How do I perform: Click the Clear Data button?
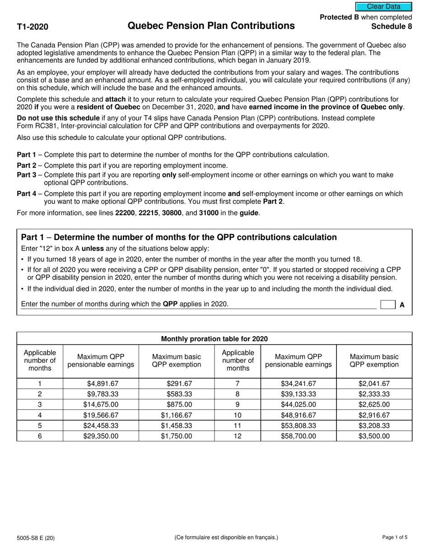tap(383, 7)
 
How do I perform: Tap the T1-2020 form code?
tap(33, 27)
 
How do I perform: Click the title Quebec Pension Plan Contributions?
tap(211, 26)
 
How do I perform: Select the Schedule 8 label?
tap(391, 26)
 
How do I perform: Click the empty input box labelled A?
tap(387, 305)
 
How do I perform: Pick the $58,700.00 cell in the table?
tap(298, 436)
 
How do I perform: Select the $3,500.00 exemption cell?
tap(374, 436)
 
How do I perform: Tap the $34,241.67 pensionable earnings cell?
tap(298, 384)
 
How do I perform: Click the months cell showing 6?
tap(40, 436)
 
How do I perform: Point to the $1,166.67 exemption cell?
tap(177, 415)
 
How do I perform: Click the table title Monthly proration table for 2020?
tap(214, 339)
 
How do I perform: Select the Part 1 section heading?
tap(179, 237)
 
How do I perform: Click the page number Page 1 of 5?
tap(394, 537)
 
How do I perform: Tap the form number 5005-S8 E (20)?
tap(36, 538)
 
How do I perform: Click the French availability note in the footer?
tap(226, 537)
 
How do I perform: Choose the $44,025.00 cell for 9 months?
tap(298, 405)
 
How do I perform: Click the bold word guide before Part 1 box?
tap(249, 213)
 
